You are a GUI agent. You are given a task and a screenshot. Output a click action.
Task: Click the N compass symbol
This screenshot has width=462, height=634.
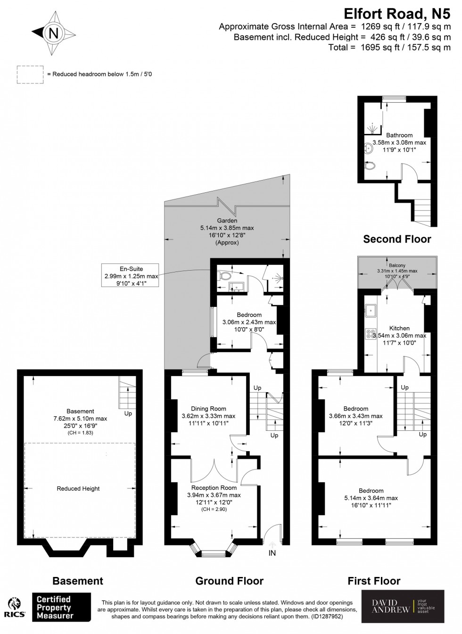coord(53,33)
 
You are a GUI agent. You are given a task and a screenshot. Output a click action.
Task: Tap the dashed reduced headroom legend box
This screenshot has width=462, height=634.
coord(30,74)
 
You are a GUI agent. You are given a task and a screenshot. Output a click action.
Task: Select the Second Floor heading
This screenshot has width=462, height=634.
coord(397,239)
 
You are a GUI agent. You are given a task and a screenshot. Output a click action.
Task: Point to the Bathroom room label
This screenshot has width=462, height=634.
coord(399,135)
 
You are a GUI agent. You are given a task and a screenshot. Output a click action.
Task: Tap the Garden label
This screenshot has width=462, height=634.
coord(227,220)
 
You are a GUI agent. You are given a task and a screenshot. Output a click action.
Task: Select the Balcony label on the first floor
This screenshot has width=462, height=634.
coord(397,265)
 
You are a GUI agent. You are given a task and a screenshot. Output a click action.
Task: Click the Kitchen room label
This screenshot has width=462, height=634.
coord(399,328)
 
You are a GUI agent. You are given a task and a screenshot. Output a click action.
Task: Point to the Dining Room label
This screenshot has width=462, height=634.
coord(208,409)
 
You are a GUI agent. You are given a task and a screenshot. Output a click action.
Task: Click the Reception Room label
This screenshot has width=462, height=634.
coord(214,487)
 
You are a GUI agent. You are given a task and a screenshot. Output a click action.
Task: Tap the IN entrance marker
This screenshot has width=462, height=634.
coord(272,552)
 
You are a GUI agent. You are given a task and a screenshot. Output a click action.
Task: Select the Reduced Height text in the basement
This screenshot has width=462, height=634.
coord(78,489)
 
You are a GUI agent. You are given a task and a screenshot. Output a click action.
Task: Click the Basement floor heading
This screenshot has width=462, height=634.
coord(78,581)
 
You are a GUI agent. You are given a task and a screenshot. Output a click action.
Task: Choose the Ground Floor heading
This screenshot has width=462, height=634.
coord(230,581)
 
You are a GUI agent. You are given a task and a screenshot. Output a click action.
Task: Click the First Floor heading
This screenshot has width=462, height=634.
coord(374,581)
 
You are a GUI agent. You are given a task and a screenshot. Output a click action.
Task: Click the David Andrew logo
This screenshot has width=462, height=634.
coord(403,606)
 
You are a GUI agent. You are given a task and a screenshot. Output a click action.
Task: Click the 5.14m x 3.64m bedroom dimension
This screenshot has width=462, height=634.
coord(371,498)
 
